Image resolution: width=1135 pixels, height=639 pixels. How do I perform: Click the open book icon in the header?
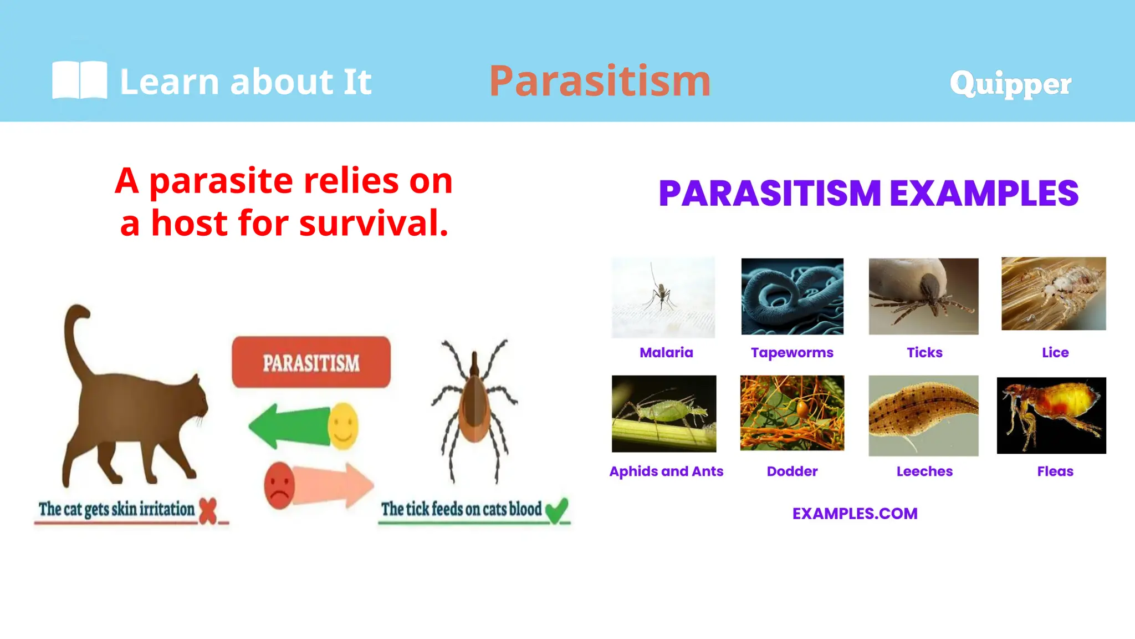(x=79, y=80)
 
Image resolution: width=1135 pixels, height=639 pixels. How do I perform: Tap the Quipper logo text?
(x=1010, y=84)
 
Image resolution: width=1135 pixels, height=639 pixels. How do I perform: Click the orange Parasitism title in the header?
(x=600, y=81)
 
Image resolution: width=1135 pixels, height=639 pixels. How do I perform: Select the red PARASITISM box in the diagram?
(x=311, y=362)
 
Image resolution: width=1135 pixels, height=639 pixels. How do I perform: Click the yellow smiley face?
(x=343, y=425)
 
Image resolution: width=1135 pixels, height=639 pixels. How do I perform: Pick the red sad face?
(x=279, y=485)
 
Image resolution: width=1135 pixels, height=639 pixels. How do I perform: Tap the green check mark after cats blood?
(x=556, y=510)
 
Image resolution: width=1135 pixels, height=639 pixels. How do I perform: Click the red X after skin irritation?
(x=208, y=510)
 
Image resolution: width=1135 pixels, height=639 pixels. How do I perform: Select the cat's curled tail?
(x=74, y=333)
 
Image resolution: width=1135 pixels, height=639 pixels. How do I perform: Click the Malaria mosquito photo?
(x=663, y=297)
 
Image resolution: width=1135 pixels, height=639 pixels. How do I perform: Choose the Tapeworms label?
(x=792, y=353)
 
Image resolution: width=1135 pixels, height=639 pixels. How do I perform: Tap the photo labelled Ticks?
(x=923, y=296)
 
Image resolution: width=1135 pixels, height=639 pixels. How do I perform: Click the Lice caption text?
(x=1055, y=353)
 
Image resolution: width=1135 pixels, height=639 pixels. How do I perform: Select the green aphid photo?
(x=664, y=414)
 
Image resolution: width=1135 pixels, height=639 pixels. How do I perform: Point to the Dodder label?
(x=792, y=471)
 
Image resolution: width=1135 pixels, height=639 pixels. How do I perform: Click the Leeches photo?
(x=923, y=415)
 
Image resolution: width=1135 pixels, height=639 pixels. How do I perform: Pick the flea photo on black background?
(x=1051, y=415)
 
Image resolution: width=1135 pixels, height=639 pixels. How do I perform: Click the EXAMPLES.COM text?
(x=855, y=514)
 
